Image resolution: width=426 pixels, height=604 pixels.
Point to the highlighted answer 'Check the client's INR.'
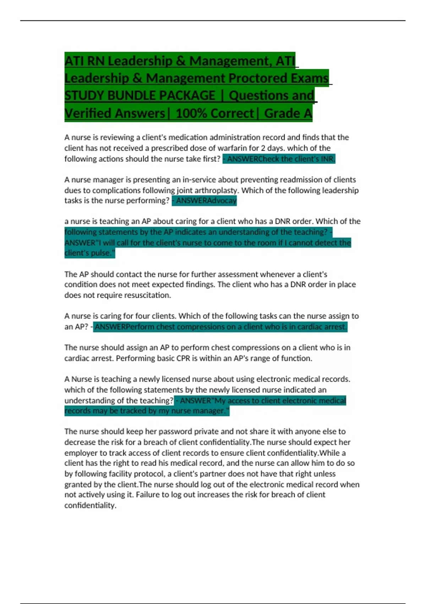(x=279, y=159)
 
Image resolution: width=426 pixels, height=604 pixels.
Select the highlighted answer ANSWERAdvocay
(x=204, y=201)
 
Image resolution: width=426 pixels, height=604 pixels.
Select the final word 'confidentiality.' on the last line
(x=90, y=506)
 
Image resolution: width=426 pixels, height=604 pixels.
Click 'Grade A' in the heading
(x=288, y=113)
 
